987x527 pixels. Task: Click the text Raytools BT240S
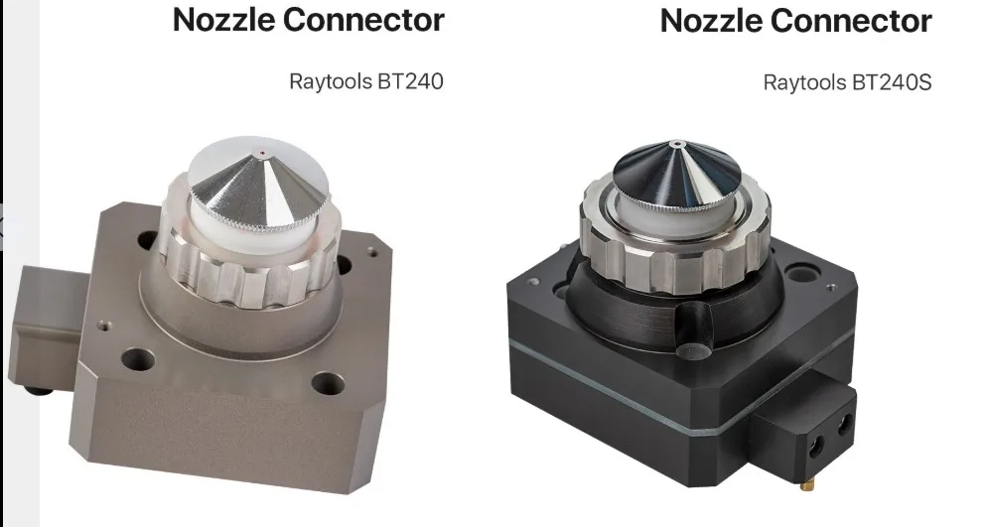(x=847, y=81)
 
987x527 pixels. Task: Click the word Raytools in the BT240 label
(x=331, y=80)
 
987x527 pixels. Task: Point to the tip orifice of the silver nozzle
(x=261, y=152)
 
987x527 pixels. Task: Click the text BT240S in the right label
(x=892, y=81)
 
